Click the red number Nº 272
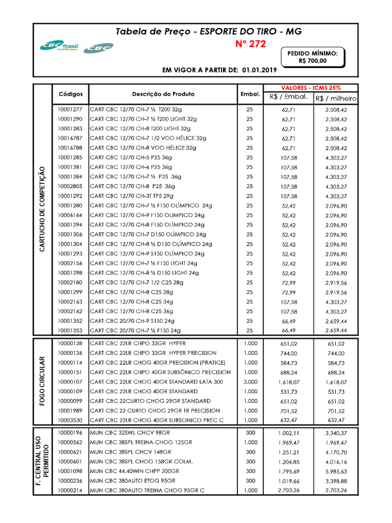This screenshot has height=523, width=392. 251,44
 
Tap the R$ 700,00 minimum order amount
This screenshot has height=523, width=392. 312,61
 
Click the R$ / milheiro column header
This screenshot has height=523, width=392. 336,99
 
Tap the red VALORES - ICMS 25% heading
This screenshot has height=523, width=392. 311,88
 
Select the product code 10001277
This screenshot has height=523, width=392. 70,109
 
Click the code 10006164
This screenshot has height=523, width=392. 70,215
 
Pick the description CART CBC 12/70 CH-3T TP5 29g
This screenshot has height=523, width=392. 132,196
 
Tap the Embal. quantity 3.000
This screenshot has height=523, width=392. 250,382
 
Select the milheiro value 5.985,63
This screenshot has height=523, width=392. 336,471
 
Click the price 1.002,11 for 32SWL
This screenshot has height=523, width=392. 288,433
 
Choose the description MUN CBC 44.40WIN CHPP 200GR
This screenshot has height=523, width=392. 134,471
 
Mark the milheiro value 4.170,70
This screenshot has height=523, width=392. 336,452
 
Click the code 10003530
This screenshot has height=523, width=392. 70,420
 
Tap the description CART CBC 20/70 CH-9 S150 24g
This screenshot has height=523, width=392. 132,321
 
